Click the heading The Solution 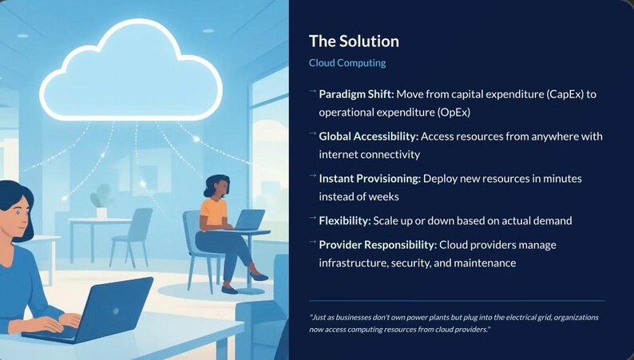354,42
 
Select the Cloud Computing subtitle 347,62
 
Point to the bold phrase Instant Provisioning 369,179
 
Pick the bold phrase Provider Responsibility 377,244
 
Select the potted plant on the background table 101,199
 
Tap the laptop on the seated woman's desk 248,219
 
